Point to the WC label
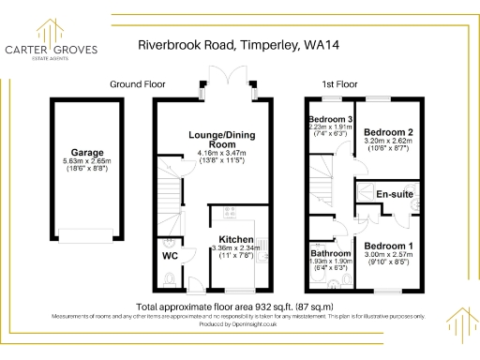pos(170,255)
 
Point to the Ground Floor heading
pos(137,83)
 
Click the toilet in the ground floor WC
pos(166,277)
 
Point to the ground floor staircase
pos(171,192)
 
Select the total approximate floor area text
pos(240,307)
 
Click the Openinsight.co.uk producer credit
pos(240,323)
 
